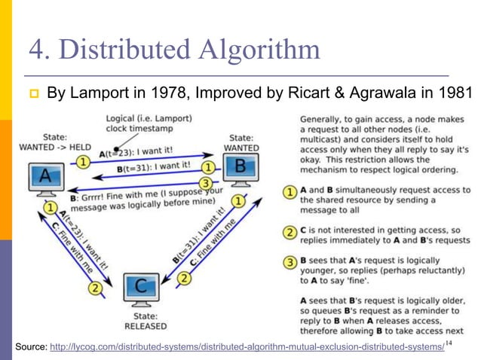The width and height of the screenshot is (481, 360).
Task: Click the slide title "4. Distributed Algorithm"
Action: (173, 50)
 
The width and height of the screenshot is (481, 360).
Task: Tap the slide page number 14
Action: (449, 343)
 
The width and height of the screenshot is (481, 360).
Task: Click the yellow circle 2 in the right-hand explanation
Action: (290, 231)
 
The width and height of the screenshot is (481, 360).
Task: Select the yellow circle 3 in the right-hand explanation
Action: (290, 263)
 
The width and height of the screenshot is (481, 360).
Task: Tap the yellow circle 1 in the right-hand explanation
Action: (290, 192)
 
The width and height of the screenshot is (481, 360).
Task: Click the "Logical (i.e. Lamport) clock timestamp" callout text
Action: (148, 124)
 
